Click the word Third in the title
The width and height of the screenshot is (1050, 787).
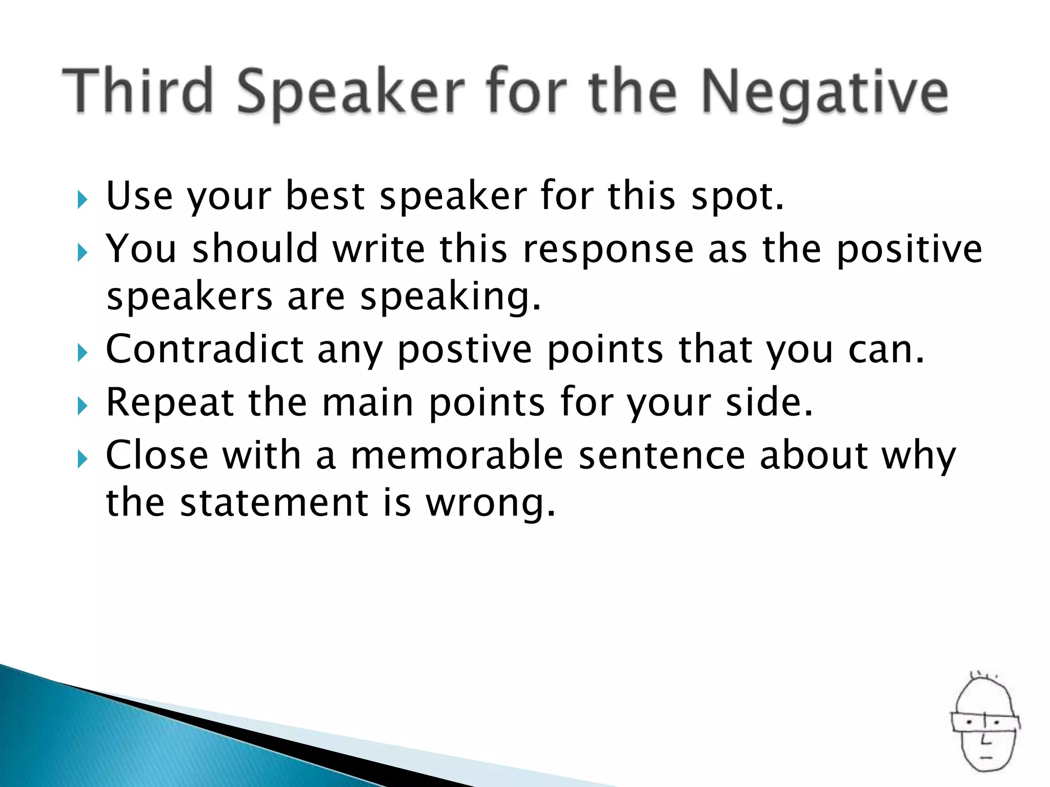(137, 90)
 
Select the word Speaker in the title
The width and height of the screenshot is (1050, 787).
(351, 92)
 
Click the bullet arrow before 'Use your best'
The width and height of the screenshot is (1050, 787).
(82, 199)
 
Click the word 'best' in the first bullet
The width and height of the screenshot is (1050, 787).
(325, 196)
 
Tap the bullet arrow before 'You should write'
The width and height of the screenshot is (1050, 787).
(82, 252)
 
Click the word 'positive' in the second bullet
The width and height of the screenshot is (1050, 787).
(909, 250)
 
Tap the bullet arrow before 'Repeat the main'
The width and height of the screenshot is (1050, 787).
(82, 406)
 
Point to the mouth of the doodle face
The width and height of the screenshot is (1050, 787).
(986, 757)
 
